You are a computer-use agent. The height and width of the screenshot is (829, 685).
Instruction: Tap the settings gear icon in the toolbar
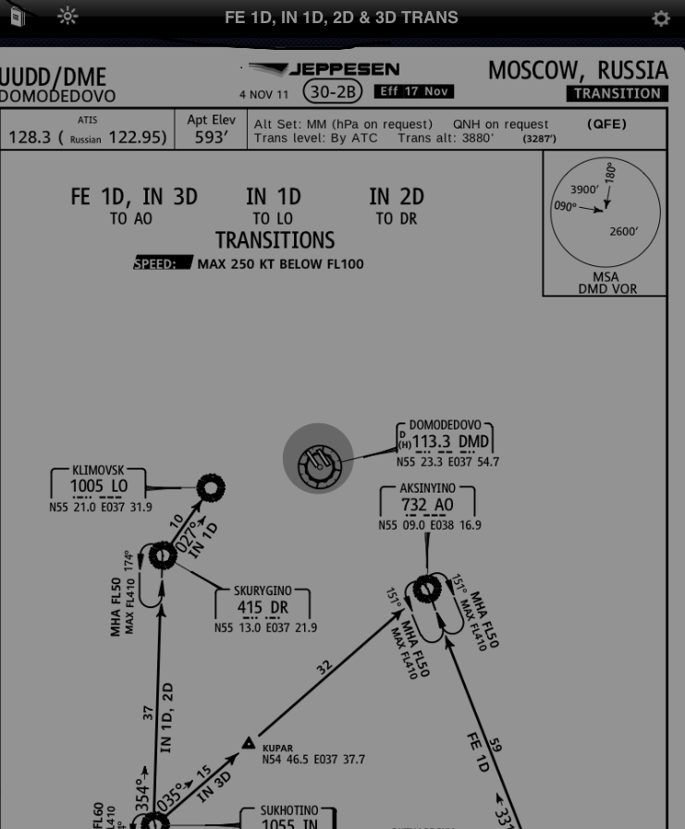(x=660, y=18)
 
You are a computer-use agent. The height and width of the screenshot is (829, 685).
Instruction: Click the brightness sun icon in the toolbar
(x=67, y=16)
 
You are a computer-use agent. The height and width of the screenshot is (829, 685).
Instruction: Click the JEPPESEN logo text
(x=344, y=69)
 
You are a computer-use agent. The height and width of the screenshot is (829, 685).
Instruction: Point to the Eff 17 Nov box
(x=413, y=91)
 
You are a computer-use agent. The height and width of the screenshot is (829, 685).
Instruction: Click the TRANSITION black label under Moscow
(x=617, y=93)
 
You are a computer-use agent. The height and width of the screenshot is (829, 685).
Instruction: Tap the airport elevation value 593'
(x=211, y=138)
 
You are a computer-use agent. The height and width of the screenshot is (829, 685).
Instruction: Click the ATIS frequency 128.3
(x=29, y=138)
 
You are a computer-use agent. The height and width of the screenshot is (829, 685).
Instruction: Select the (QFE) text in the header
(x=606, y=125)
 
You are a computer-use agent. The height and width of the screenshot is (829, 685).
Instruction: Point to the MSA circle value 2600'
(x=624, y=231)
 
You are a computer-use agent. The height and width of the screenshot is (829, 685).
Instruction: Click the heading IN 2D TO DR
(x=396, y=206)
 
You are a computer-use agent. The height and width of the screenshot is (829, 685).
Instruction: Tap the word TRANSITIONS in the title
(x=275, y=240)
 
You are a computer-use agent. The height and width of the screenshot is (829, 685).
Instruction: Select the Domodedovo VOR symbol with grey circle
(x=318, y=459)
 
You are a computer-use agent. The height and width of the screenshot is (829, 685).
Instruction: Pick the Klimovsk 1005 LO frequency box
(x=99, y=487)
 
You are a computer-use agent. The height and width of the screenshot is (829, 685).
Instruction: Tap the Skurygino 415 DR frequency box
(x=263, y=607)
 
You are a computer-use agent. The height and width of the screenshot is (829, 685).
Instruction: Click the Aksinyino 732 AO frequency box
(x=426, y=505)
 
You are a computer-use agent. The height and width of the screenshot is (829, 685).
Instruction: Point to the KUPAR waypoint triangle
(x=249, y=743)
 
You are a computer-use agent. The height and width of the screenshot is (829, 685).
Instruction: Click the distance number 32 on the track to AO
(x=324, y=666)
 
